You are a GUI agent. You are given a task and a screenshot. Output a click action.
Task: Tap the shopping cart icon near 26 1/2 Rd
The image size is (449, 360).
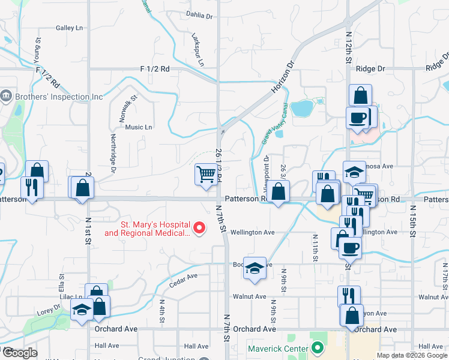(205, 174)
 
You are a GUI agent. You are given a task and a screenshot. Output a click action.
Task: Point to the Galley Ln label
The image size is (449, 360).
(69, 28)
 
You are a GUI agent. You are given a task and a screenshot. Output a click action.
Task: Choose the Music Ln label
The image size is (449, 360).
(139, 127)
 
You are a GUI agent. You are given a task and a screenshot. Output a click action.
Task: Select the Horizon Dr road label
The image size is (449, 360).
(283, 77)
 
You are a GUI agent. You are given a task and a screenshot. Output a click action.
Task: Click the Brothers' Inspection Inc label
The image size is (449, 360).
(60, 96)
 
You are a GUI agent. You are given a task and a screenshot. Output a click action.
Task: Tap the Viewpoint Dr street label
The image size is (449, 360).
(267, 168)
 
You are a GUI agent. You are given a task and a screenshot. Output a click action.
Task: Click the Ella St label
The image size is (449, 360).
(61, 280)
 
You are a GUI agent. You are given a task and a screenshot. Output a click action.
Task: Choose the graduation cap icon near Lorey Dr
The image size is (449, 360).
(82, 310)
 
